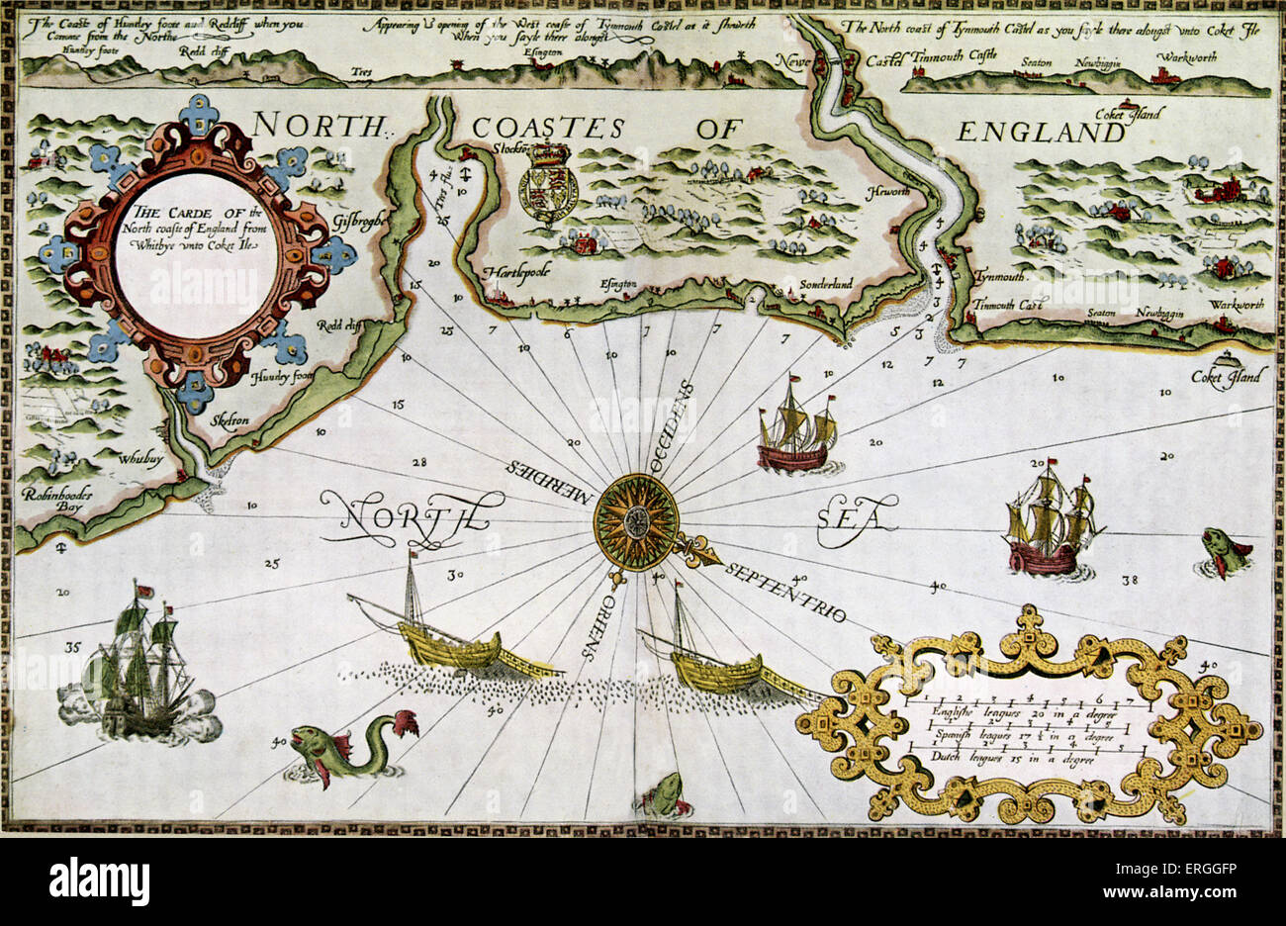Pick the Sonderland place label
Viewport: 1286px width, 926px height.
pos(826,284)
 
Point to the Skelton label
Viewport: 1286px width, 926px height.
pos(230,420)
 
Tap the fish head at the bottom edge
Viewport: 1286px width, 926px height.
pos(663,796)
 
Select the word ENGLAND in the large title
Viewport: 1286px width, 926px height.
pos(1040,133)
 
